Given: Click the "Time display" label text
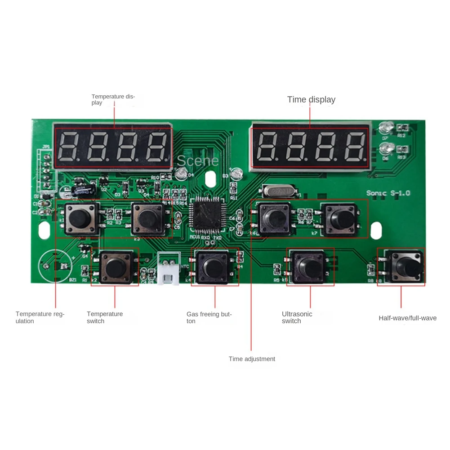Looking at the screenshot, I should [311, 100].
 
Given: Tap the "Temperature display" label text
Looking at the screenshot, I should [113, 99].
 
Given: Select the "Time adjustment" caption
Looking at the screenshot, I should [252, 359].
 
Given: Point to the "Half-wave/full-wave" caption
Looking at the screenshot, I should [407, 318].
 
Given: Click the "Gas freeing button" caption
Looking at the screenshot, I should [209, 317].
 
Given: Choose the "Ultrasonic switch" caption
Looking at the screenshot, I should [297, 317].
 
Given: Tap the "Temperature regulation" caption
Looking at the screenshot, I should [40, 317].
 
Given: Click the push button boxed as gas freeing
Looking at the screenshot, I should [214, 266].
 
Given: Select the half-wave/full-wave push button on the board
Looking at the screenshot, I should [405, 267].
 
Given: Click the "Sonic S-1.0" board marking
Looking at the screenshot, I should [388, 193].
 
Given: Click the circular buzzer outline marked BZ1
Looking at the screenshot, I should [54, 266].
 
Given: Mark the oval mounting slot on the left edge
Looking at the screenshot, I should [44, 229].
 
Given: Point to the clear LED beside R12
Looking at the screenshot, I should [385, 128].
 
